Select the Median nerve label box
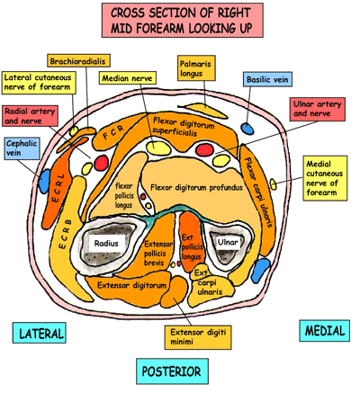[x=125, y=78]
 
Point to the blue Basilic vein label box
[x=268, y=80]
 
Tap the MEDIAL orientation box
[x=323, y=331]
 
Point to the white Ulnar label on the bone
[x=223, y=243]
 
